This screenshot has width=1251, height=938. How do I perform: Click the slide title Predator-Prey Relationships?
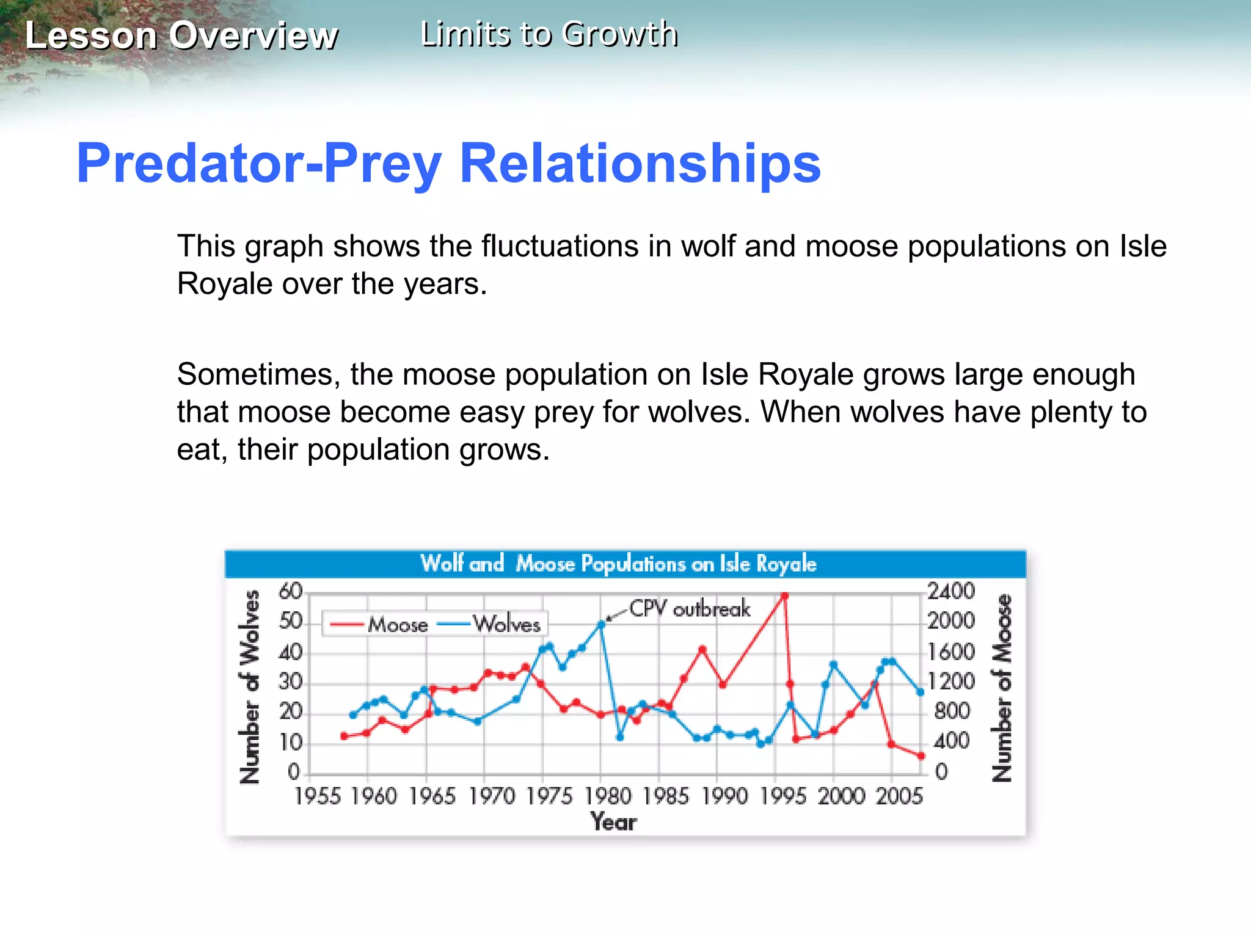tap(448, 163)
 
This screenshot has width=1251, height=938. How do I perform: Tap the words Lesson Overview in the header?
tap(181, 35)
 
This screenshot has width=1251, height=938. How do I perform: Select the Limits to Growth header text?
tap(549, 34)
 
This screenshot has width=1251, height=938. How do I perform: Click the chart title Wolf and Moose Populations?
tap(618, 563)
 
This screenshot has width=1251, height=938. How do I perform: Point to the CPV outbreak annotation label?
tap(689, 609)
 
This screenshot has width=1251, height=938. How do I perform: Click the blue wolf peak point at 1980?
tap(601, 624)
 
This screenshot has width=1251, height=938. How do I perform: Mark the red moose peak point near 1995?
tap(784, 595)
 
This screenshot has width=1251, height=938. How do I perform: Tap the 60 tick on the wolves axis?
tap(290, 591)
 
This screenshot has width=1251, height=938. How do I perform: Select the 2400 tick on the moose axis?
tap(951, 591)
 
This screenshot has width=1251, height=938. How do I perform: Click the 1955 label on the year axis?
tap(317, 796)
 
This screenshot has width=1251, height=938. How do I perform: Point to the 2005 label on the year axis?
tap(899, 796)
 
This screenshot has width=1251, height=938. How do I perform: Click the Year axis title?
tap(613, 822)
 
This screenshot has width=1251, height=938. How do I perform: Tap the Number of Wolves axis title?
tap(250, 686)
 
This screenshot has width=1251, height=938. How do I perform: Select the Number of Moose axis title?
tap(1001, 688)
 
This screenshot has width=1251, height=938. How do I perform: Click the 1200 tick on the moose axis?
tap(951, 681)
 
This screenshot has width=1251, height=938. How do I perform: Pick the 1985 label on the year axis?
tap(666, 796)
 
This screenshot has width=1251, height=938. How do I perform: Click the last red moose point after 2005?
tap(921, 756)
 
